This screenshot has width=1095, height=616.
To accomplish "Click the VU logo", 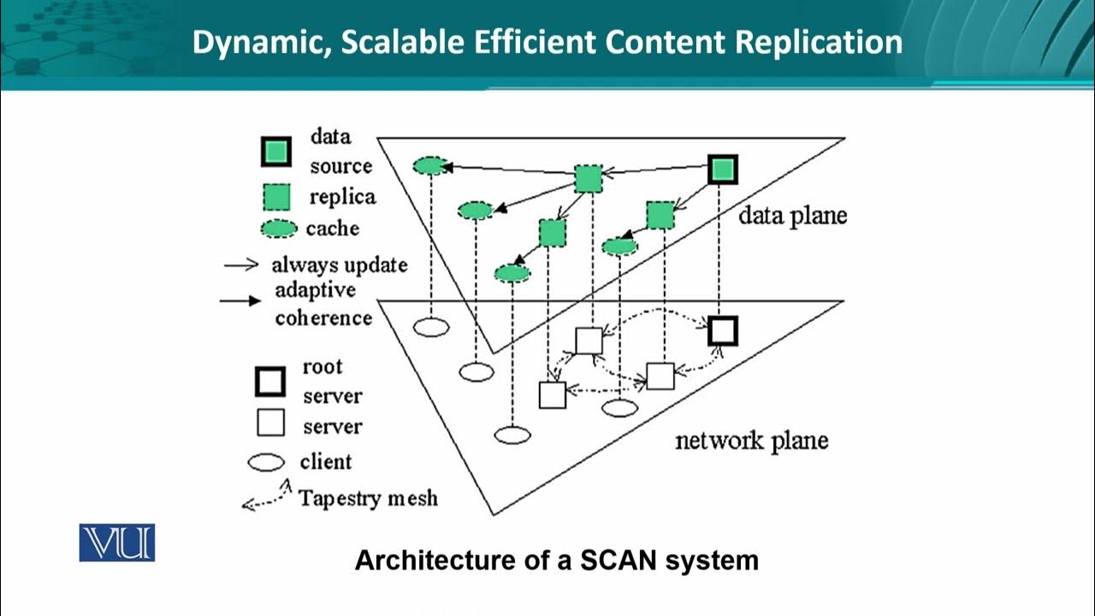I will [117, 542].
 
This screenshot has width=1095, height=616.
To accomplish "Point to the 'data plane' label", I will [792, 215].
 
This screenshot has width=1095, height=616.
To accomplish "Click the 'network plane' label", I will [751, 441].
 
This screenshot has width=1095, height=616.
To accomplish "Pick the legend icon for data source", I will [275, 152].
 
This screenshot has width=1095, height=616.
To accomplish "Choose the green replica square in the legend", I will [275, 198].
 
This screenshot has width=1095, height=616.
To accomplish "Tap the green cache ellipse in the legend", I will [276, 229].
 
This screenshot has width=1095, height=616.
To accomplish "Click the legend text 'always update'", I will [340, 264].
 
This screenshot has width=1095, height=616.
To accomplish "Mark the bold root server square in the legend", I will [270, 382].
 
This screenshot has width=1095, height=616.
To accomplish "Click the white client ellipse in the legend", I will [266, 463].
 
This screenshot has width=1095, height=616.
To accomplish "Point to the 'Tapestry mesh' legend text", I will [368, 497].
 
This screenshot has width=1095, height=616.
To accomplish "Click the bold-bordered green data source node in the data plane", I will [723, 170].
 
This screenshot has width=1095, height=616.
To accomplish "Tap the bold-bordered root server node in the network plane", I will [723, 330].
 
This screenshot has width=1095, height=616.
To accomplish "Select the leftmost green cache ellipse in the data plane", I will [430, 166].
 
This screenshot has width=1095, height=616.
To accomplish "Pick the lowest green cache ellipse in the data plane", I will [512, 273].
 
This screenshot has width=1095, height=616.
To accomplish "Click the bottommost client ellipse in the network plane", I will [513, 435].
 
